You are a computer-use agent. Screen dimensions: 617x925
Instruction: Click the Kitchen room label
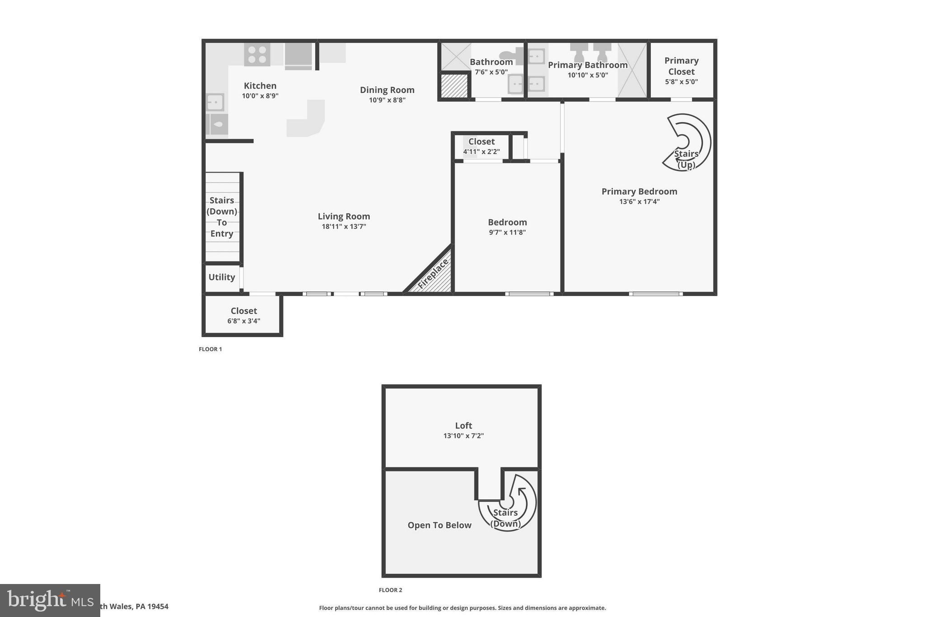[260, 86]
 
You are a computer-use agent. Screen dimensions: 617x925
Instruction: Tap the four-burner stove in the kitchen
[257, 55]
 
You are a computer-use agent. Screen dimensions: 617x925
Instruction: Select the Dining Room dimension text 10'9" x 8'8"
[387, 100]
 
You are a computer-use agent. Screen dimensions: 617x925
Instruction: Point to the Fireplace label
[433, 273]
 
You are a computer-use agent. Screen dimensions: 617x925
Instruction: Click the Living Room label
[344, 217]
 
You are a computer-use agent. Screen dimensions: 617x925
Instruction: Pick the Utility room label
[221, 277]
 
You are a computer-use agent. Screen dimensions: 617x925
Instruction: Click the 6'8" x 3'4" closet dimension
[243, 321]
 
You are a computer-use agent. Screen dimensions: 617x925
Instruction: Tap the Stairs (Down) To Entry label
[222, 217]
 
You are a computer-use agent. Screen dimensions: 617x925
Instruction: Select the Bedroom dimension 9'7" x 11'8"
[507, 232]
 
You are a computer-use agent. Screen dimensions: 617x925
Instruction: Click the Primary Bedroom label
[639, 191]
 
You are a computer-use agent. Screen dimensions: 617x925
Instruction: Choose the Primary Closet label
[681, 66]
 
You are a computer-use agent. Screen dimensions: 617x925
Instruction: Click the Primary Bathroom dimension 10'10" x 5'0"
[588, 75]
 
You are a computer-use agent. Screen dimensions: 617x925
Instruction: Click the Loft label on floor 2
[463, 425]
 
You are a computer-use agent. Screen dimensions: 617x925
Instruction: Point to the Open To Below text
[439, 525]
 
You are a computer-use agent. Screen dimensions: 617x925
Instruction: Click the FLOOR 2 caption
[390, 590]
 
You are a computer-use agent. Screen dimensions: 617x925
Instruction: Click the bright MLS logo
[50, 600]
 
